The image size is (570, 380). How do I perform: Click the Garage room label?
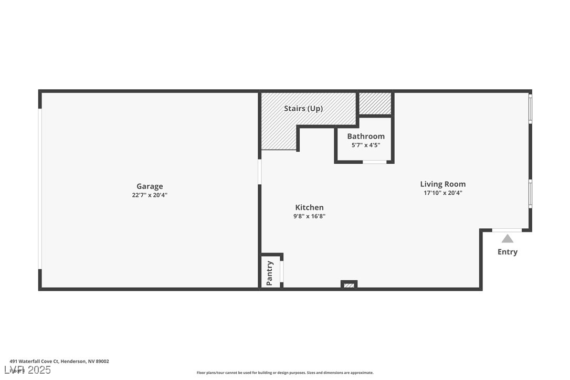(x=150, y=186)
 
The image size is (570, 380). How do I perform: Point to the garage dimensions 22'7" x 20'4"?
(x=150, y=195)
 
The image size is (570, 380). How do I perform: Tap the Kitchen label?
(x=309, y=207)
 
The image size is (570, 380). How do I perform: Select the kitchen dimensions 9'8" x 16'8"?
(x=309, y=216)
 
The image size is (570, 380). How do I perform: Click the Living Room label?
(x=442, y=184)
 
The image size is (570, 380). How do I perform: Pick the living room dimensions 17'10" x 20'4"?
(x=442, y=193)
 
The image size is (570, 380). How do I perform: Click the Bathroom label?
(x=365, y=136)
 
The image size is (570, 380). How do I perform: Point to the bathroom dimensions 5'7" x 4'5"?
(x=365, y=145)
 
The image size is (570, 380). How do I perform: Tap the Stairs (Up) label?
(x=303, y=109)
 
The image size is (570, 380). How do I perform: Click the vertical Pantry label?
(x=270, y=273)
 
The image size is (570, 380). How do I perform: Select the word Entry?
(x=507, y=252)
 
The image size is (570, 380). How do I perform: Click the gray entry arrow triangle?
(x=507, y=239)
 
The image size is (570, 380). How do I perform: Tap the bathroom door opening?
(x=375, y=162)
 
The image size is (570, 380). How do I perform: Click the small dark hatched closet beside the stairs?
(x=375, y=103)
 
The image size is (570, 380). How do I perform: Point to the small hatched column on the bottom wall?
(x=349, y=285)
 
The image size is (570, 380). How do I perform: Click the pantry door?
(x=282, y=271)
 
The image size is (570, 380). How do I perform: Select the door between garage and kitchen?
(x=259, y=172)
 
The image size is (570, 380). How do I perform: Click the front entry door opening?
(x=507, y=230)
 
